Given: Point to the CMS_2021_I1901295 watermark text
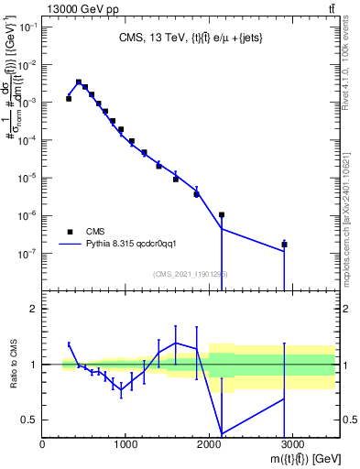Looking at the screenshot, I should pos(191,274).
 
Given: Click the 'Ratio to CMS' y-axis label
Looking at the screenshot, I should pos(12,365).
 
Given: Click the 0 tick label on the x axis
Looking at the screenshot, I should pos(43,444).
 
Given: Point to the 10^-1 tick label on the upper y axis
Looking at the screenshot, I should pos(27,27).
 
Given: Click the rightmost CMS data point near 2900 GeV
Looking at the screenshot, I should pos(285,245).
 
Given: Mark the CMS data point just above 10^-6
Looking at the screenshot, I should pos(222,214).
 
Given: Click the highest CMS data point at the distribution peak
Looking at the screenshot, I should pos(79,82).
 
